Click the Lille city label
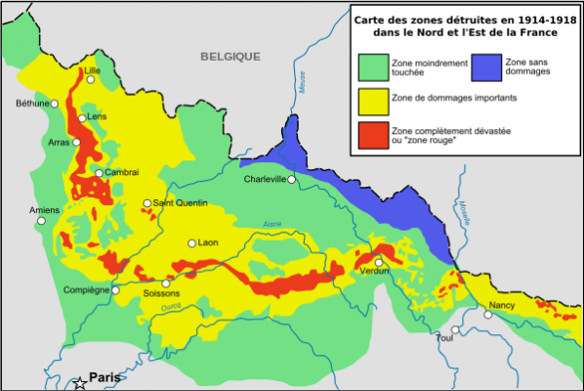(93, 70)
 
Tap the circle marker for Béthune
(56, 103)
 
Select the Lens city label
(97, 116)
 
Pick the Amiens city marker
(42, 221)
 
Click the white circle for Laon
(192, 243)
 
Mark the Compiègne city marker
(115, 290)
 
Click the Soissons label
(162, 294)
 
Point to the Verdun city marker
(378, 262)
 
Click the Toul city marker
(450, 329)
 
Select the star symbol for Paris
(79, 382)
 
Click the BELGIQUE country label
(230, 57)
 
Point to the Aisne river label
(271, 225)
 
